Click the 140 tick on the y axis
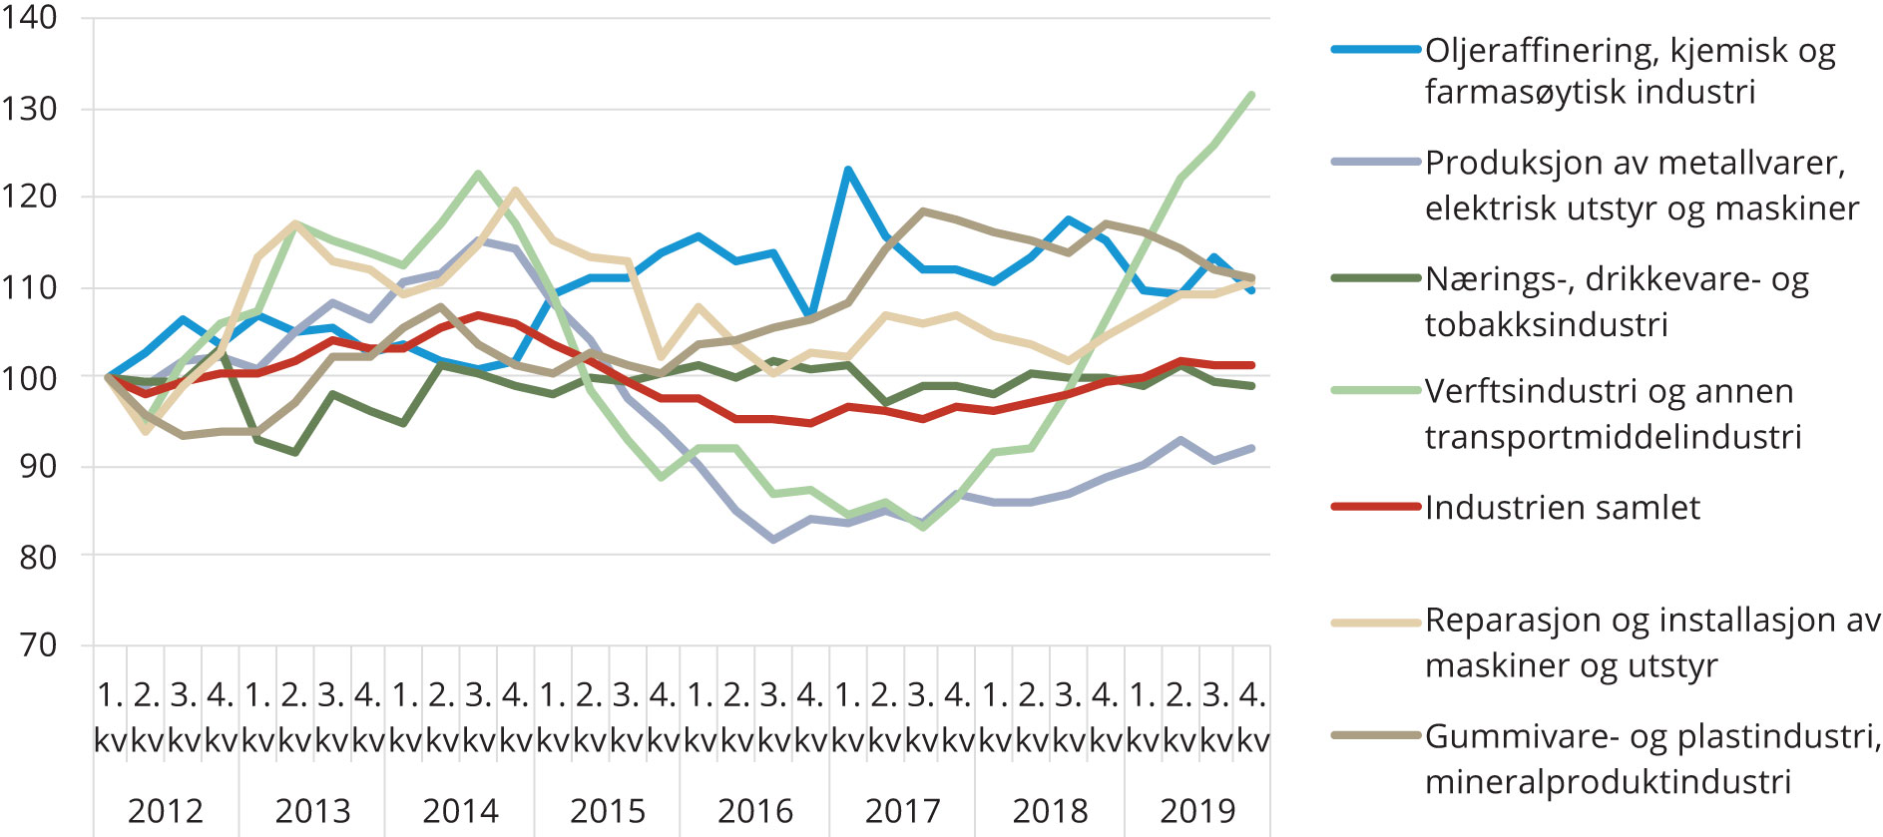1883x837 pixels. click(29, 18)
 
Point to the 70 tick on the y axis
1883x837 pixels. click(39, 645)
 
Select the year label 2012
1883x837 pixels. click(166, 810)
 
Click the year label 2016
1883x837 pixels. click(755, 810)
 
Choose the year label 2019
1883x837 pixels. click(1197, 810)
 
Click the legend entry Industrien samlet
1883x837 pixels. click(1562, 508)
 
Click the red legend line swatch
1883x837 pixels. click(1375, 507)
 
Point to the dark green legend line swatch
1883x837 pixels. click(1375, 278)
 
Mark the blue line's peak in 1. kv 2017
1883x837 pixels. click(847, 170)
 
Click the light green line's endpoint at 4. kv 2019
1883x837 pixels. click(1251, 95)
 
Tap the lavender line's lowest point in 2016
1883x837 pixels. click(773, 540)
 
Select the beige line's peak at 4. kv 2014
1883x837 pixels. click(515, 190)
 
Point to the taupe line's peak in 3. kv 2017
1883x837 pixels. click(921, 211)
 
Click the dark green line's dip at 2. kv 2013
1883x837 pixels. click(294, 453)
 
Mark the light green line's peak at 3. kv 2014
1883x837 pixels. click(478, 174)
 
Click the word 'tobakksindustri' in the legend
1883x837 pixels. click(1546, 324)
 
